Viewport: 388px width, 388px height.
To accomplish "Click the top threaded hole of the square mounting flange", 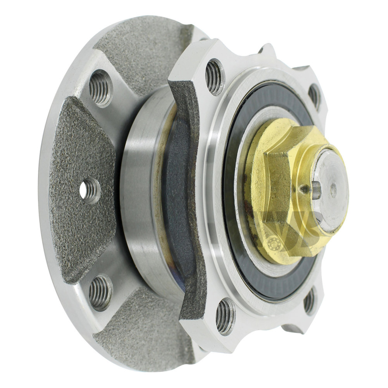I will [x=214, y=76].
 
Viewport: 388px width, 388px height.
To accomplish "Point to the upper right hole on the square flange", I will [x=314, y=96].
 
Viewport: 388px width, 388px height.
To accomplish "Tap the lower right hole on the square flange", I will [x=309, y=301].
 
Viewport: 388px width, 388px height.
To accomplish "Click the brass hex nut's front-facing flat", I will [x=277, y=186].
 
